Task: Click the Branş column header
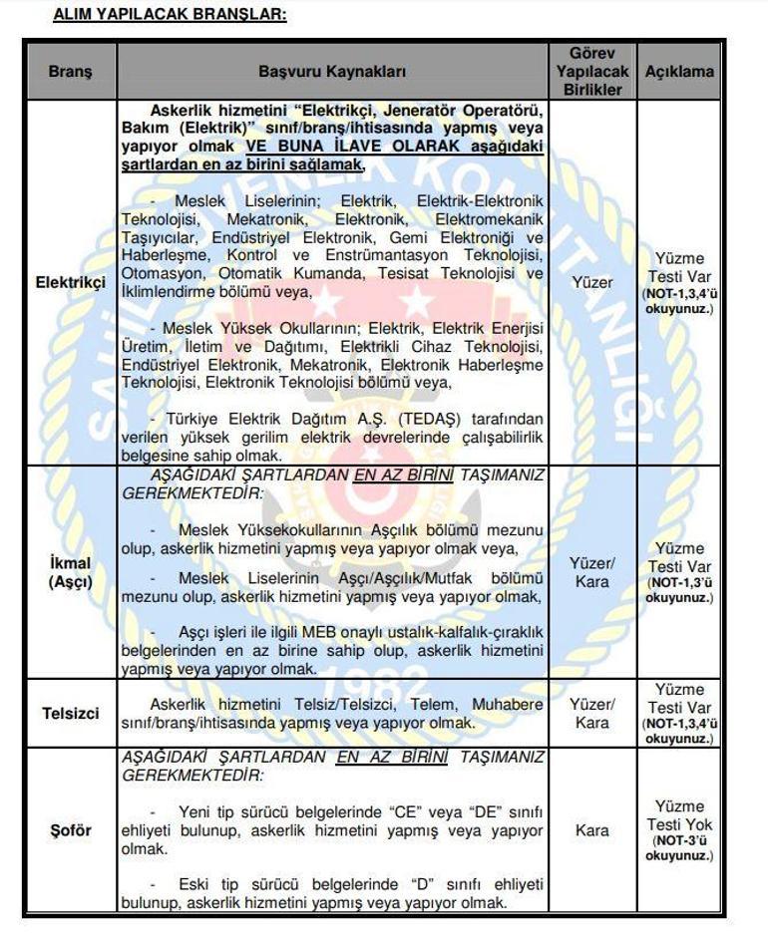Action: tap(70, 72)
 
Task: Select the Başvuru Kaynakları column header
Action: tap(332, 72)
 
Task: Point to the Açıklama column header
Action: tap(679, 72)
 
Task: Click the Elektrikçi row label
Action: tap(70, 282)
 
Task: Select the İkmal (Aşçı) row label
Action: tap(70, 573)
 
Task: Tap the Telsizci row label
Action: tap(70, 714)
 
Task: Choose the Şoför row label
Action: tap(70, 830)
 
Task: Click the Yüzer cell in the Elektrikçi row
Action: tap(592, 282)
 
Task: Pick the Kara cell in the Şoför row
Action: tap(592, 830)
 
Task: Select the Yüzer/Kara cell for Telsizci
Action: tap(592, 714)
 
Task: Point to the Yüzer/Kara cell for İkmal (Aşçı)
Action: tap(592, 573)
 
